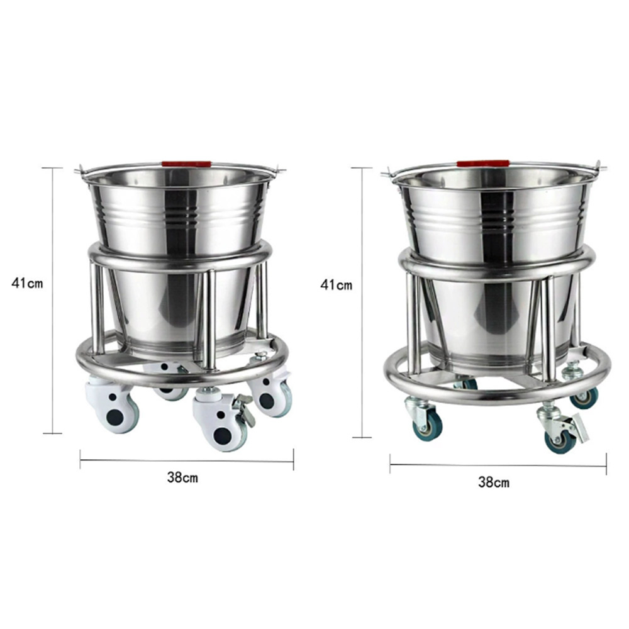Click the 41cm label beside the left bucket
tap(27, 282)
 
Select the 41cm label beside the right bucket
tap(337, 285)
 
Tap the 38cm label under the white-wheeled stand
tap(182, 477)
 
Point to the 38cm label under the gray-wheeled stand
tap(494, 482)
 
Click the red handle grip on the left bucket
tap(186, 164)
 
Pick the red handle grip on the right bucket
tap(483, 164)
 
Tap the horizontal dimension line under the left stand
tap(187, 460)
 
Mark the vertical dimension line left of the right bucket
tap(362, 302)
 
